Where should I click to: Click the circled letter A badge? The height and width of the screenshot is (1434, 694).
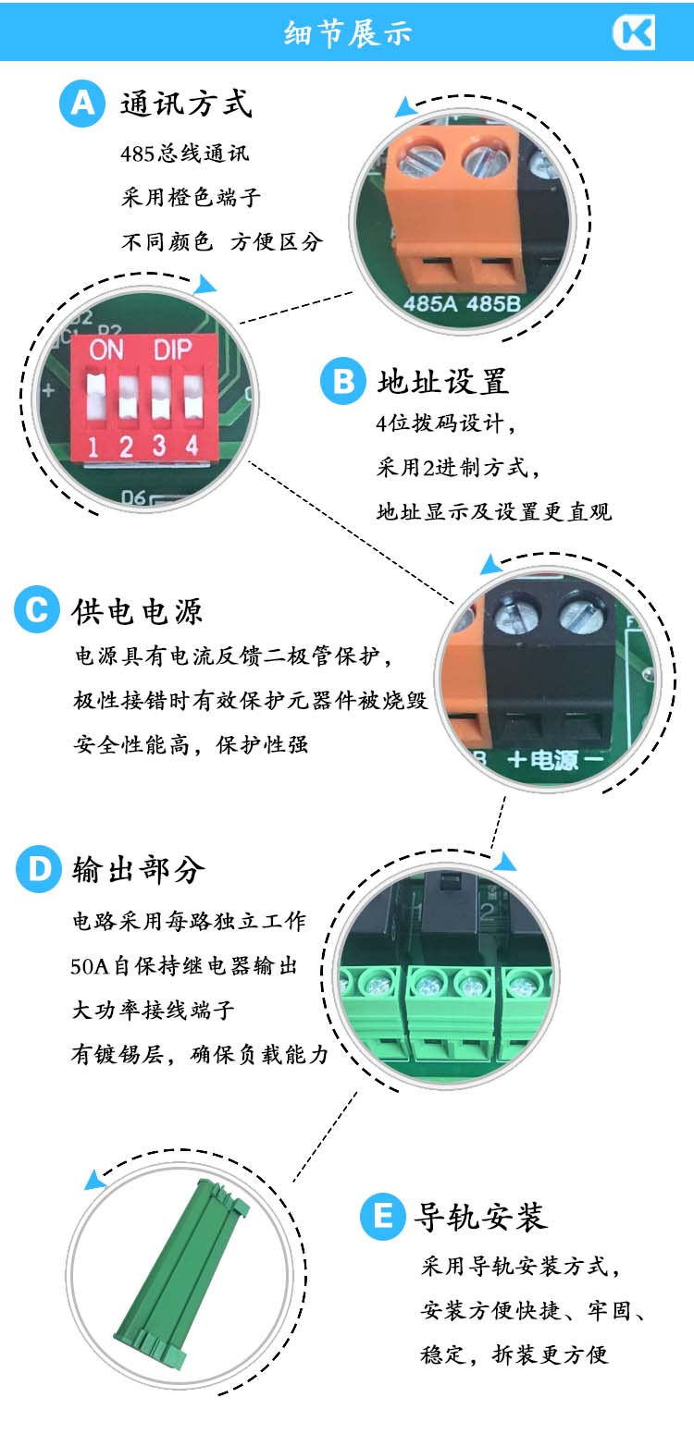82,104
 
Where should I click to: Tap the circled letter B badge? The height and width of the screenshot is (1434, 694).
343,382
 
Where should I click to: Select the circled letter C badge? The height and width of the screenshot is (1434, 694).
37,609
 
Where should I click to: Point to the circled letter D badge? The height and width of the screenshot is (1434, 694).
39,869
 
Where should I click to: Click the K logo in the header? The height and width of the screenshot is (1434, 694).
634,32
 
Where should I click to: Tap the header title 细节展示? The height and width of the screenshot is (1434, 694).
348,32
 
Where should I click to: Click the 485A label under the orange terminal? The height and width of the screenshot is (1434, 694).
430,303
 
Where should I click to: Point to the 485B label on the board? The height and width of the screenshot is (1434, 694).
492,303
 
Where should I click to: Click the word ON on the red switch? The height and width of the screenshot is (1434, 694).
105,350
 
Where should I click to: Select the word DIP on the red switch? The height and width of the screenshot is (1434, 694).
172,349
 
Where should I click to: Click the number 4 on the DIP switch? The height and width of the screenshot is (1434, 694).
192,445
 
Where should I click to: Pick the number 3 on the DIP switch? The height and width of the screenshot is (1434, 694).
159,446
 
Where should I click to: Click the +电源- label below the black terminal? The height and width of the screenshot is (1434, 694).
555,760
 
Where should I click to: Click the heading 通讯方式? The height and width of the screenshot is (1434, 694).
186,104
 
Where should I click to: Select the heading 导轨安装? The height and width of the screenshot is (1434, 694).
480,1217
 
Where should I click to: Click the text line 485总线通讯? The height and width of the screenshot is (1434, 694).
184,153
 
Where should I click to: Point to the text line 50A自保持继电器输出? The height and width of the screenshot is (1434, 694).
184,965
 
